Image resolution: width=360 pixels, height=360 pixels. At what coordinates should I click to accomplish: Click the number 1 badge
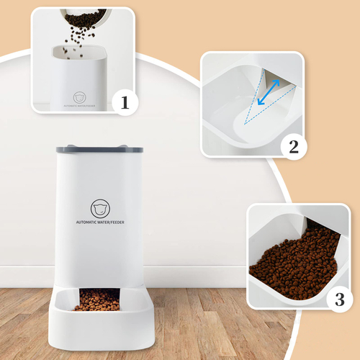pos(125,102)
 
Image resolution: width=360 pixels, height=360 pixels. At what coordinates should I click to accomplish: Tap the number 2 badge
pos(294,147)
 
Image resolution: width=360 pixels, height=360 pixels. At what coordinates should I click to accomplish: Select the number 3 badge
pos(340,299)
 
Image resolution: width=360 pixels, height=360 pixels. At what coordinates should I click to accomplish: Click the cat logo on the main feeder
pos(100,209)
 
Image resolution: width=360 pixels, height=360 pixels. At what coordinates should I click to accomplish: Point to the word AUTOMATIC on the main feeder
pos(85,222)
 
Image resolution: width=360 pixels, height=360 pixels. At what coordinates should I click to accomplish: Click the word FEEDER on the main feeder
pos(117,222)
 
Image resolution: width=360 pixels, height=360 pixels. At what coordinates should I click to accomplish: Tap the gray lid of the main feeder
pos(99,149)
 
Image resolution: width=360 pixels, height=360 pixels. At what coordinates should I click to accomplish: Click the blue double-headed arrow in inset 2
pos(269,92)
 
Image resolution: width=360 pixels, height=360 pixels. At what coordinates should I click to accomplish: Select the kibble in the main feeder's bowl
pos(98,300)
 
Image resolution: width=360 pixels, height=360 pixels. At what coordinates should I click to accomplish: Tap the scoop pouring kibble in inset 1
pos(86,17)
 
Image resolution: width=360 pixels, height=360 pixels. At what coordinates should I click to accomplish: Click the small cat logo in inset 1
pos(79,97)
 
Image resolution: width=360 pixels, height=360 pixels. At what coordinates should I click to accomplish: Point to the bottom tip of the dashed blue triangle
pos(244,124)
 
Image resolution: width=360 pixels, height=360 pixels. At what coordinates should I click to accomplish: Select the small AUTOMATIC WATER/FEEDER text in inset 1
pos(79,106)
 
